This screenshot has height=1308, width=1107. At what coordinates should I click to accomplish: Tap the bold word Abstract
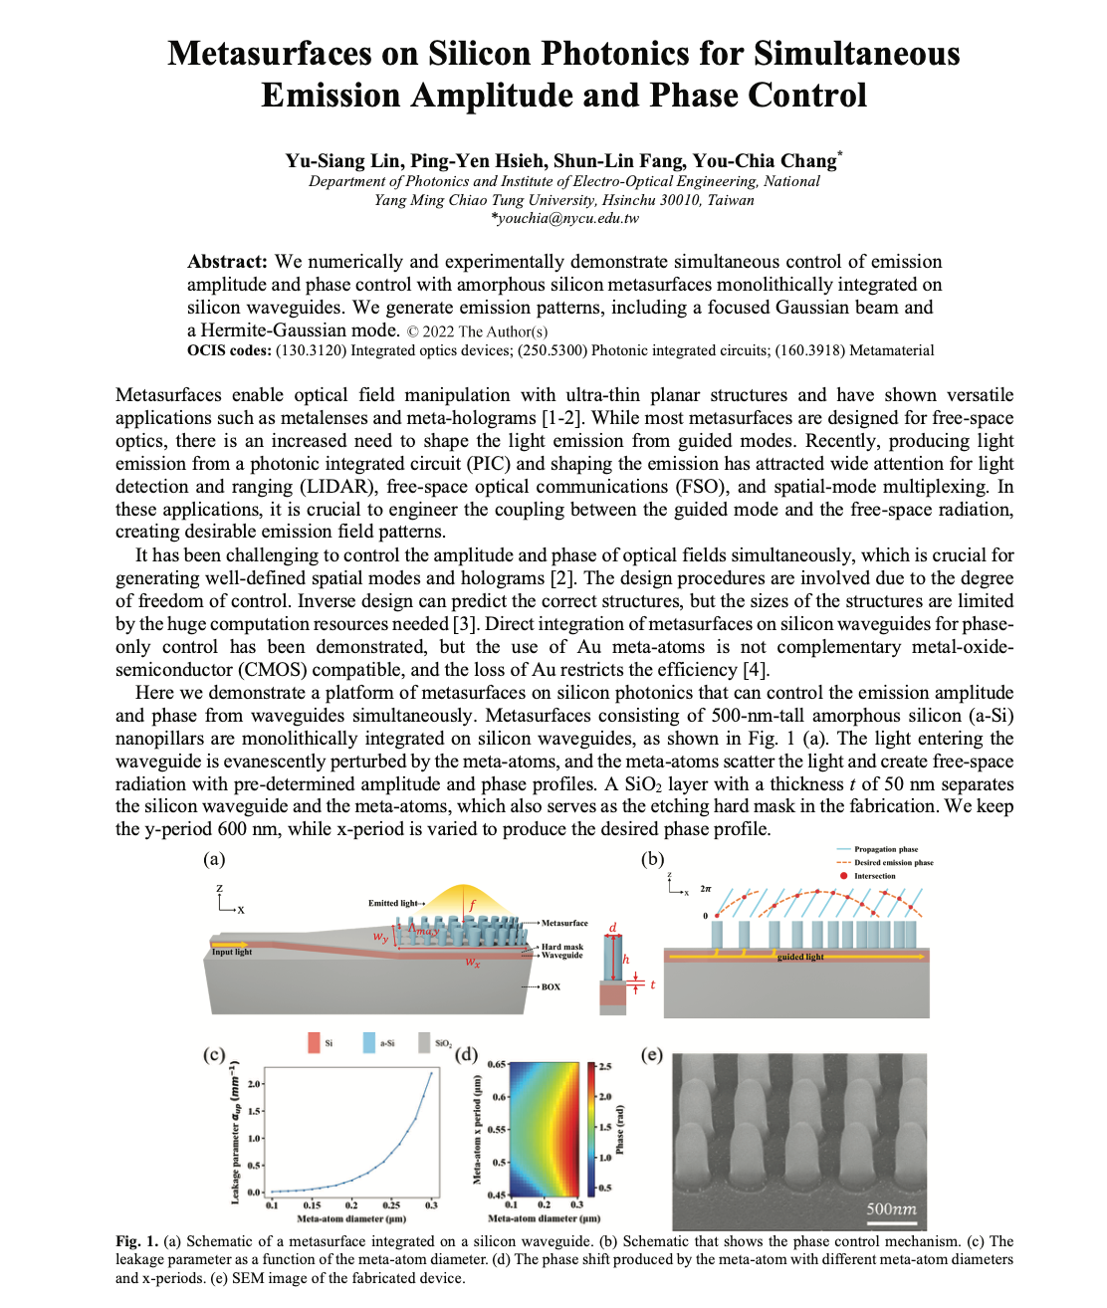pyautogui.click(x=227, y=262)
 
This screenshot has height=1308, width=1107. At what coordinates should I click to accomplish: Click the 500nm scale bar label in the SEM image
pyautogui.click(x=890, y=1209)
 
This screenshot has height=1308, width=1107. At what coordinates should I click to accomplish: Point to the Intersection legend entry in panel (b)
pyautogui.click(x=874, y=876)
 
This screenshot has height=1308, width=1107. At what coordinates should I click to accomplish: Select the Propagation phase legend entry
pyautogui.click(x=885, y=849)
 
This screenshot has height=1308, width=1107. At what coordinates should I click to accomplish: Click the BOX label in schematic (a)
pyautogui.click(x=551, y=986)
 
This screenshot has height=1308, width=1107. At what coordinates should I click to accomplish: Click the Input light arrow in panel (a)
pyautogui.click(x=230, y=944)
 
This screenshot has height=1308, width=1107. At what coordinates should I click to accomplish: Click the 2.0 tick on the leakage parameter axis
pyautogui.click(x=255, y=1084)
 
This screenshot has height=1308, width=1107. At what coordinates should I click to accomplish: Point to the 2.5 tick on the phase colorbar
pyautogui.click(x=604, y=1066)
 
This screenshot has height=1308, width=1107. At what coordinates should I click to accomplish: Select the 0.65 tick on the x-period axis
pyautogui.click(x=496, y=1064)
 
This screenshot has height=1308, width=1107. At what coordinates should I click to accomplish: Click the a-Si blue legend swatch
pyautogui.click(x=369, y=1042)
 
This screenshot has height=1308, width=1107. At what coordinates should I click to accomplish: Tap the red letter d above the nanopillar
pyautogui.click(x=612, y=927)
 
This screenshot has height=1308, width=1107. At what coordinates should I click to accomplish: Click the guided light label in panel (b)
pyautogui.click(x=800, y=957)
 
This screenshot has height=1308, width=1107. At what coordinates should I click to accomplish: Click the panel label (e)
pyautogui.click(x=651, y=1054)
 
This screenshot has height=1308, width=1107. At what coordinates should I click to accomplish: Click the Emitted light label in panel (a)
pyautogui.click(x=393, y=903)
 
